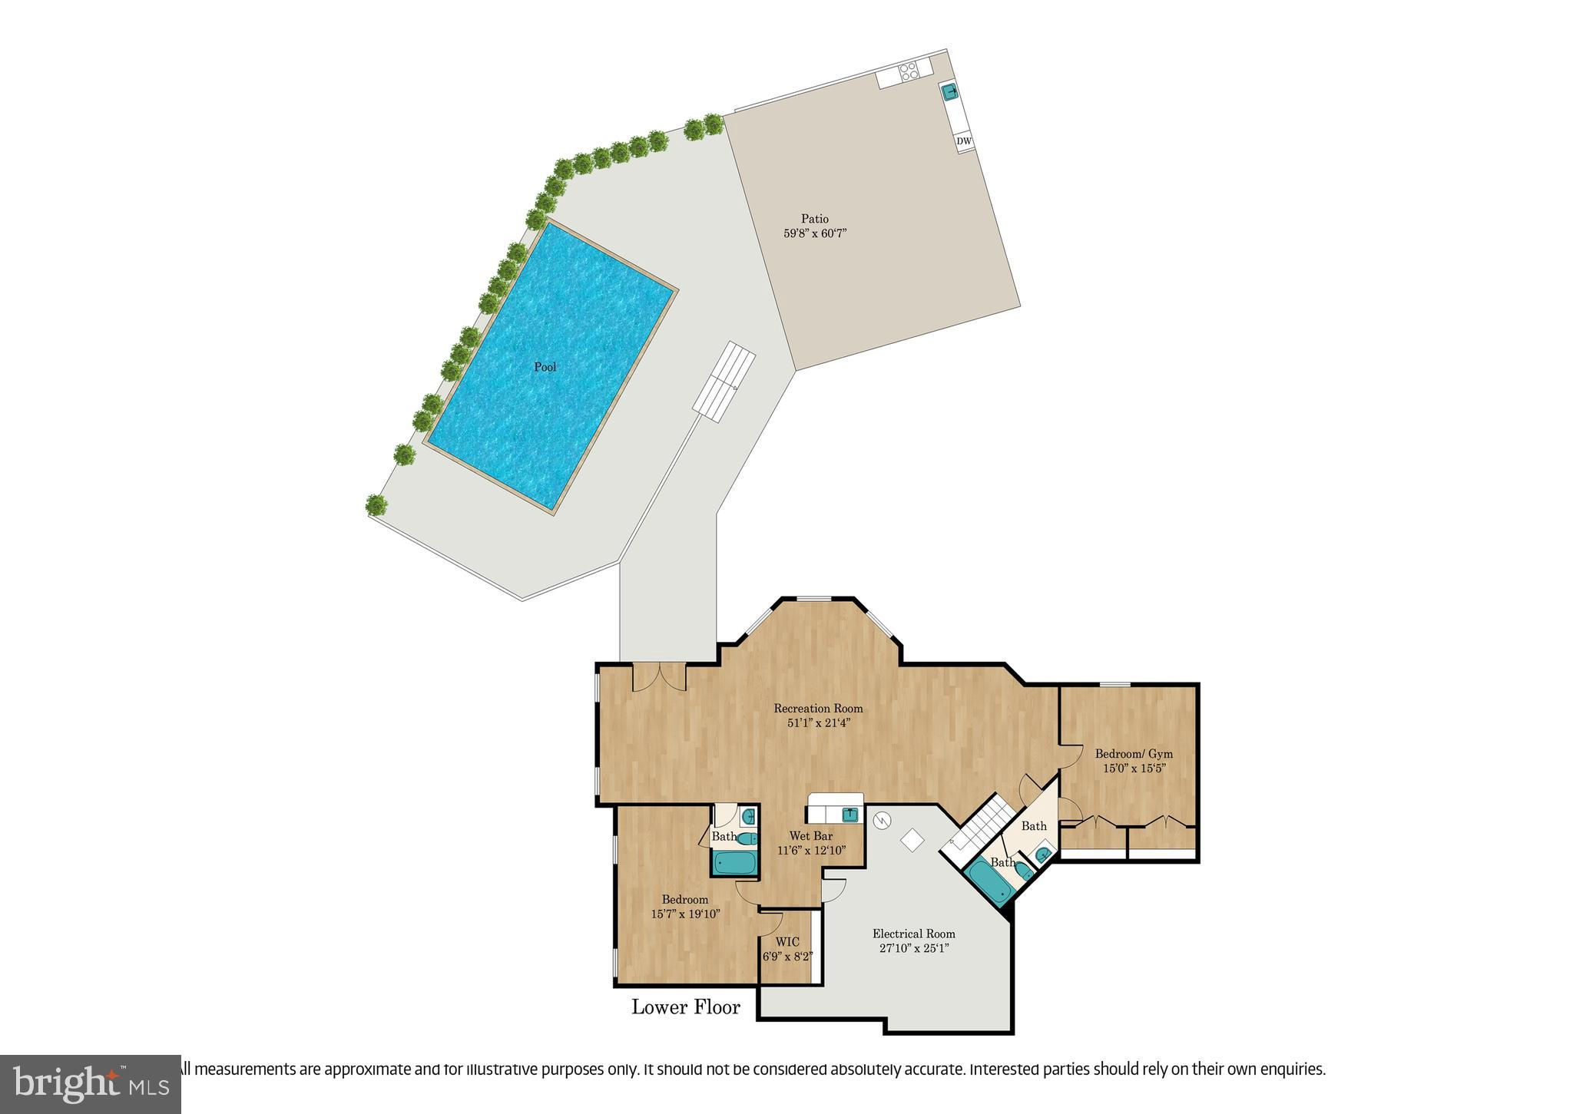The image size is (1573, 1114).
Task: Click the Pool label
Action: point(545,367)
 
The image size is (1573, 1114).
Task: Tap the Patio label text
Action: point(815,220)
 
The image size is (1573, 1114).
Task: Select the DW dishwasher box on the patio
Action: point(964,142)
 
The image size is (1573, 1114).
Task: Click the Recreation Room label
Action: point(818,709)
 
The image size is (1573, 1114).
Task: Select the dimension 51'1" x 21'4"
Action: point(818,723)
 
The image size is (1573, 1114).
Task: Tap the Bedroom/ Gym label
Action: point(1134,754)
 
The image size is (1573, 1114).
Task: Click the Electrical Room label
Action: point(914,934)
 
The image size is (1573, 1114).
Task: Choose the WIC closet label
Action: point(787,942)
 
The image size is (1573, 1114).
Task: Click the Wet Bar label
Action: point(811,836)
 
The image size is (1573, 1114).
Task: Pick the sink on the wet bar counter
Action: point(850,814)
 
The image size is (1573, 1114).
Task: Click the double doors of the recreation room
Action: point(659,677)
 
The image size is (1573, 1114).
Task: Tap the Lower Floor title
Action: point(686,1007)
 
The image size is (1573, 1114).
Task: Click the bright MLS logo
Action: point(91,1083)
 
